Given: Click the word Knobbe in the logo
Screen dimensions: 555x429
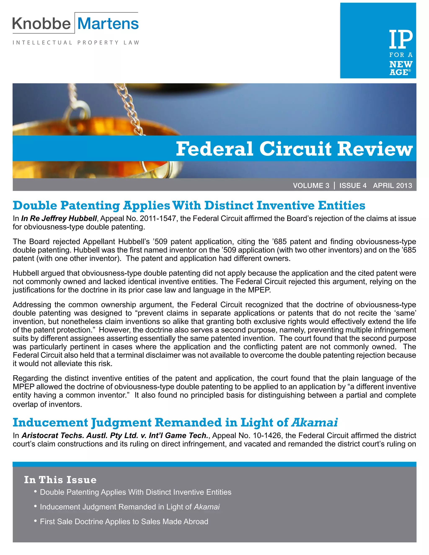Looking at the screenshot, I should tap(41, 24).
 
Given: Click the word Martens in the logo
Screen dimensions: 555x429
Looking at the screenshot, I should tap(108, 24).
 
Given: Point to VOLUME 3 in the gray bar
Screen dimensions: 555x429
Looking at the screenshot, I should tap(311, 186).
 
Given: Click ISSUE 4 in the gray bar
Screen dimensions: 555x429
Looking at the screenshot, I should tap(353, 186).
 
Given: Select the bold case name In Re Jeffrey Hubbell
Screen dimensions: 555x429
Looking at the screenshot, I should tap(59, 218).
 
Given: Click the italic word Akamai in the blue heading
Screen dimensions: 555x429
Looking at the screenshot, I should tap(315, 422).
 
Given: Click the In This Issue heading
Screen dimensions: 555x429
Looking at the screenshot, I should tap(60, 480).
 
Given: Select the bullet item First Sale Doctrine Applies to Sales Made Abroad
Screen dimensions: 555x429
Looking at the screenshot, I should tap(124, 521).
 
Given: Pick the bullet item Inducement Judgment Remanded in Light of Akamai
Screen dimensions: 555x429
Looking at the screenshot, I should tap(130, 507).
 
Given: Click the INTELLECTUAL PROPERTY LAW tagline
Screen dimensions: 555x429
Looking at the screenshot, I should tap(76, 43).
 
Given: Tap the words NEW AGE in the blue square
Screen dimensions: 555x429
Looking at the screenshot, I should tap(401, 68).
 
